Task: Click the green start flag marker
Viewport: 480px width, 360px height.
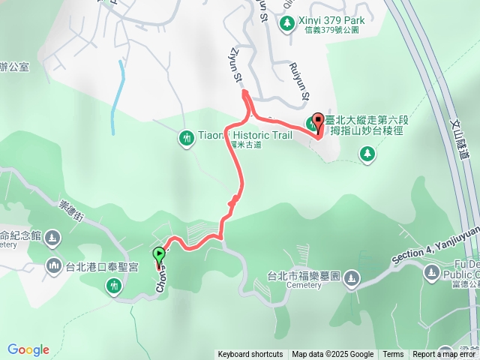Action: pos(159,255)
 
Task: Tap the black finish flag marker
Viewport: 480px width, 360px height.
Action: pos(319,122)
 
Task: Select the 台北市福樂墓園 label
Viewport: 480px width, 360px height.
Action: pos(304,275)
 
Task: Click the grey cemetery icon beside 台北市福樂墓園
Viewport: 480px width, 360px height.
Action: pos(351,280)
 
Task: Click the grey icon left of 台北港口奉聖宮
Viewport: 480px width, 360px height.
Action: pos(54,265)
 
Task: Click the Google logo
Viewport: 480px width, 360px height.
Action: pos(28,349)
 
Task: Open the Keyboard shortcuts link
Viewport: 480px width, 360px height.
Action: pos(250,355)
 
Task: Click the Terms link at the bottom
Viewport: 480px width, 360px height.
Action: pos(393,355)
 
